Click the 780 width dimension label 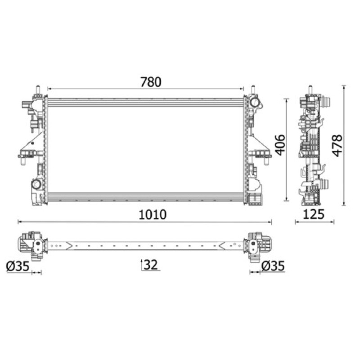click(151, 82)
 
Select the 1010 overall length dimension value click(153, 215)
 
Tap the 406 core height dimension click(280, 145)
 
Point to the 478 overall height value click(337, 146)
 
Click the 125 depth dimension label click(314, 215)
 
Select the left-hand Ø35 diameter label click(18, 266)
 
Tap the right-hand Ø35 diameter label click(273, 266)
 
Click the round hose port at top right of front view click(254, 103)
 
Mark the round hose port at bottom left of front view click(36, 184)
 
